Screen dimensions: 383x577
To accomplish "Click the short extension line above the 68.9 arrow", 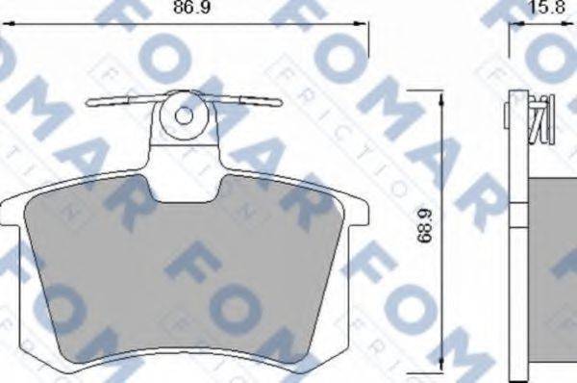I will (423, 89).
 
